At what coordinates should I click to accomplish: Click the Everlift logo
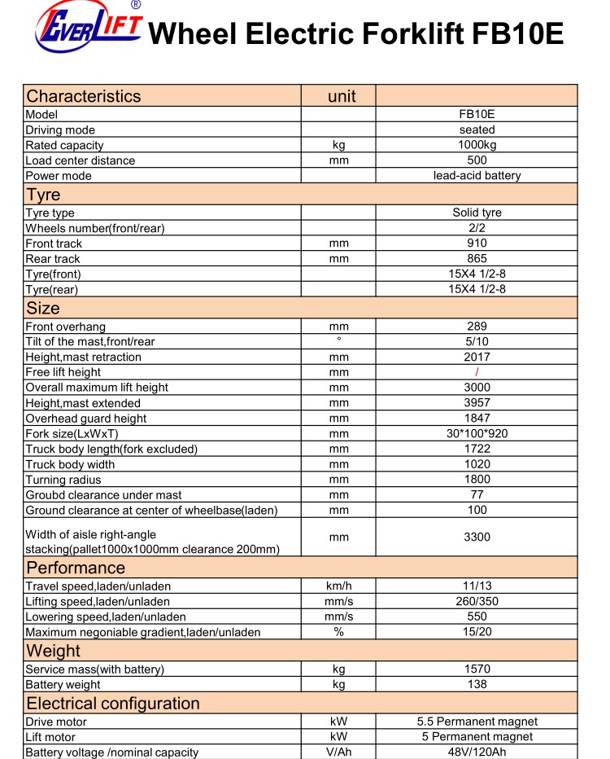pos(88,31)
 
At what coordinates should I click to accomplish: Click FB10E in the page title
pos(517,34)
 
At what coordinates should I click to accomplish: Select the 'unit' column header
pos(342,96)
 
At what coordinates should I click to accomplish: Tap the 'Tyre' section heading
pos(43,195)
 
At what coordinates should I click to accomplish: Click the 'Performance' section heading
pos(76,568)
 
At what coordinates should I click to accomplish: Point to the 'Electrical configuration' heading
pos(113,704)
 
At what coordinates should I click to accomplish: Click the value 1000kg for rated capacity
pos(477,145)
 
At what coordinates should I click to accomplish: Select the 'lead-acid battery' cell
pos(477,175)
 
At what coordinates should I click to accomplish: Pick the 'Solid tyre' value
pos(477,213)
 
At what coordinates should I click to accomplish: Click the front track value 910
pos(477,243)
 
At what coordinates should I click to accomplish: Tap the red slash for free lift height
pos(477,372)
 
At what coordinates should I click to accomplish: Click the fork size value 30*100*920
pos(477,433)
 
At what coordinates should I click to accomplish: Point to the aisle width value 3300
pos(477,537)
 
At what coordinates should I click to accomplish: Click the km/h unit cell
pos(338,586)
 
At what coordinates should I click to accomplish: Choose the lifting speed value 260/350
pos(477,601)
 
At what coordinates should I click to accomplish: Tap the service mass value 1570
pos(477,669)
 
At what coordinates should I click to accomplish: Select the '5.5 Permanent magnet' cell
pos(477,722)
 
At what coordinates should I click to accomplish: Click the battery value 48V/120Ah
pos(477,752)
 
